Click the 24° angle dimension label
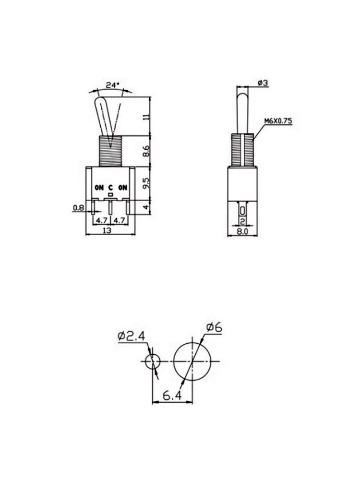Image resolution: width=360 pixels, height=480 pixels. [112, 85]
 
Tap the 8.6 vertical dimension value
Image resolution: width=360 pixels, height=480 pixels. [147, 151]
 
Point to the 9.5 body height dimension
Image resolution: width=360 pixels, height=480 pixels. [147, 183]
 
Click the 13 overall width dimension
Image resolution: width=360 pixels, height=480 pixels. [110, 231]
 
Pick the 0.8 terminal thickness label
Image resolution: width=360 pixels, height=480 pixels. [78, 208]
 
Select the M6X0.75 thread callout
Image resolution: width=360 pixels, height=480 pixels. [278, 121]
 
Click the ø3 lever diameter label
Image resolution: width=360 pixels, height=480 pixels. [263, 83]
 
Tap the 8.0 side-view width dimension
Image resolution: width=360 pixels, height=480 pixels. [243, 231]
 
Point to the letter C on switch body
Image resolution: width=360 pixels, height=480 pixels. [110, 188]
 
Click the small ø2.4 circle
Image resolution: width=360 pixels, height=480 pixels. [153, 361]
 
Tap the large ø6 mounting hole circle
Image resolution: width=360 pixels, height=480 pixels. [192, 360]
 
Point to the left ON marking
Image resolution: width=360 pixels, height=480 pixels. [99, 188]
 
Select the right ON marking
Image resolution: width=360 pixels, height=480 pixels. [123, 188]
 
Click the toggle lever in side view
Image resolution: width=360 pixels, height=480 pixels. [242, 110]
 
